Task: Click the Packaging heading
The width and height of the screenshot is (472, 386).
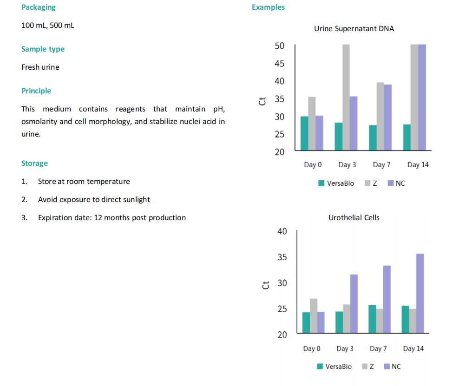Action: point(38,7)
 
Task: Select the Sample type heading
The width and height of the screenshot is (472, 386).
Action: point(43,49)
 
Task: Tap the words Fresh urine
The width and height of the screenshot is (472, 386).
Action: point(40,67)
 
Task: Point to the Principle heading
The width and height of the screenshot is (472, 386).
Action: point(36,91)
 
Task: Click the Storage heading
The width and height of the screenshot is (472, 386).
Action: point(34,164)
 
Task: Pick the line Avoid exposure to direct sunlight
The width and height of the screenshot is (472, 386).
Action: point(94,200)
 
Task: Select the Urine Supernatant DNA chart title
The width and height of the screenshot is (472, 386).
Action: point(354,29)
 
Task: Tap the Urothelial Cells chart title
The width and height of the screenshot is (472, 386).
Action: point(354,217)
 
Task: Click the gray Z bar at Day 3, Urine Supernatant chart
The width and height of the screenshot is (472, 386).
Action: point(346,98)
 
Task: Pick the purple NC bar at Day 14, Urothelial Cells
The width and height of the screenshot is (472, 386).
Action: point(420,294)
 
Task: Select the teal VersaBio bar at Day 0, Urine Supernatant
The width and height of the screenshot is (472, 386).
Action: point(304,133)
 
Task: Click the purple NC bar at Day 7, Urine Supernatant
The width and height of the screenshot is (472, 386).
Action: point(388,118)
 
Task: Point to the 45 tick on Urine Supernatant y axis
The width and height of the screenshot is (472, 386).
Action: point(279,64)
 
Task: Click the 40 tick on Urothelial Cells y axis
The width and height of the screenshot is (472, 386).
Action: point(282,231)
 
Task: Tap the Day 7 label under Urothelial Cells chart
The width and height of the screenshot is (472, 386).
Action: point(378,349)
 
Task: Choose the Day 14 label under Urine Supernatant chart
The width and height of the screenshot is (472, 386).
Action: point(418,165)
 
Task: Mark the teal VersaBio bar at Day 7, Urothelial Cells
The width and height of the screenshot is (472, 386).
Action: point(372,319)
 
